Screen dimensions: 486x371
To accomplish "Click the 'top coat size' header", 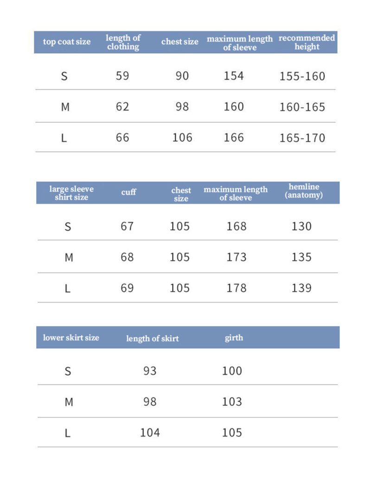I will point(67,42).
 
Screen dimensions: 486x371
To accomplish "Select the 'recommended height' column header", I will point(307,42).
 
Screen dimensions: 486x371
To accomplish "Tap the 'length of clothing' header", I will point(123,42).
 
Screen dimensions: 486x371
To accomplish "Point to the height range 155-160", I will point(302,76).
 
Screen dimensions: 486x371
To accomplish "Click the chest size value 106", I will point(182,138).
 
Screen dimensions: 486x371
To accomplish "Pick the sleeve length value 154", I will point(234,76).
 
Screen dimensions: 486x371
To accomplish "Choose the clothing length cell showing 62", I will point(122,107).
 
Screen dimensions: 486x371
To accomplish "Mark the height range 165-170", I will point(302,138).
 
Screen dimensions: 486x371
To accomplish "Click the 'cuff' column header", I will point(128,192).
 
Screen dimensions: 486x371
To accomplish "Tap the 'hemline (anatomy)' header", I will point(304,191).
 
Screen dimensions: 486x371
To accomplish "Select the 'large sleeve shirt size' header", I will point(71,193).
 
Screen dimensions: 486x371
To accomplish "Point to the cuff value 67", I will point(127,226).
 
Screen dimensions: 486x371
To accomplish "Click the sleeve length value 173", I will point(237,257).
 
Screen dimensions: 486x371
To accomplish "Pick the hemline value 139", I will point(301,288).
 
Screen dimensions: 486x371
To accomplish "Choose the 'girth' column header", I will point(234,338).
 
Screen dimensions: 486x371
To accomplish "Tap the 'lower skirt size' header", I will point(71,338).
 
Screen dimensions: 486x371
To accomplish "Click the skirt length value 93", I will point(150,371).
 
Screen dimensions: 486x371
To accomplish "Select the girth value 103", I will point(232,402).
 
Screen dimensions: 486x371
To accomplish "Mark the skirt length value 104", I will point(150,433).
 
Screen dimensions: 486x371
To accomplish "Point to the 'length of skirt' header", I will point(152,339).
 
